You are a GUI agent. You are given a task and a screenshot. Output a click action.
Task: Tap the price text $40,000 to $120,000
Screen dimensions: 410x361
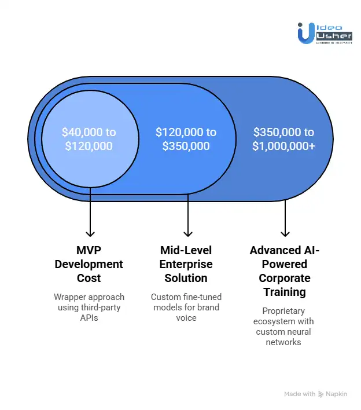(x=89, y=139)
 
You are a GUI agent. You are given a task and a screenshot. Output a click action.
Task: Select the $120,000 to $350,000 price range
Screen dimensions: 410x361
(x=186, y=139)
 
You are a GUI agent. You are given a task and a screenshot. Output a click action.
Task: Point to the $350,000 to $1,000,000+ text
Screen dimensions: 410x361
(x=284, y=139)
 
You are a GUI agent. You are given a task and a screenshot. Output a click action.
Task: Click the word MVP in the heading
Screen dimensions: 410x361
(x=89, y=251)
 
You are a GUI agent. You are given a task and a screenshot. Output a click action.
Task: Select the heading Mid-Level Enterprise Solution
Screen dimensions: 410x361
(x=186, y=265)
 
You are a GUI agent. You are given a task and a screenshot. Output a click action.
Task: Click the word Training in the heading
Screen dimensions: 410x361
(x=284, y=292)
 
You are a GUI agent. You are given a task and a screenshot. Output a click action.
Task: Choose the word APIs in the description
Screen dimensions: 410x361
(x=89, y=318)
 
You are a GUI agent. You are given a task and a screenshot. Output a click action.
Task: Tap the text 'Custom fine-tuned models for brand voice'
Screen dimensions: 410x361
(x=186, y=307)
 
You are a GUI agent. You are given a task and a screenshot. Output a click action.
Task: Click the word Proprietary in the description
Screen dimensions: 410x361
(x=284, y=311)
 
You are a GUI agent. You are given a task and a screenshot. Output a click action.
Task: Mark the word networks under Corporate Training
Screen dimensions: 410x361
(x=284, y=342)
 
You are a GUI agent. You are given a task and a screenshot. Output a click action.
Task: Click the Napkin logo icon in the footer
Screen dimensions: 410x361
(x=321, y=394)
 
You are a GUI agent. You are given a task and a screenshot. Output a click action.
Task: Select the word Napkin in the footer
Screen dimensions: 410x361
(x=337, y=394)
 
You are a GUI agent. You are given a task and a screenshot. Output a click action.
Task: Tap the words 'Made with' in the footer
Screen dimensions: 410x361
(x=300, y=394)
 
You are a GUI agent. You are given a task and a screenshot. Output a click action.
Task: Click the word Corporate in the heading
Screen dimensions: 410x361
(x=284, y=278)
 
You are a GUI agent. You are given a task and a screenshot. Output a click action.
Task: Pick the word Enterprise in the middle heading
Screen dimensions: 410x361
(x=186, y=264)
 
